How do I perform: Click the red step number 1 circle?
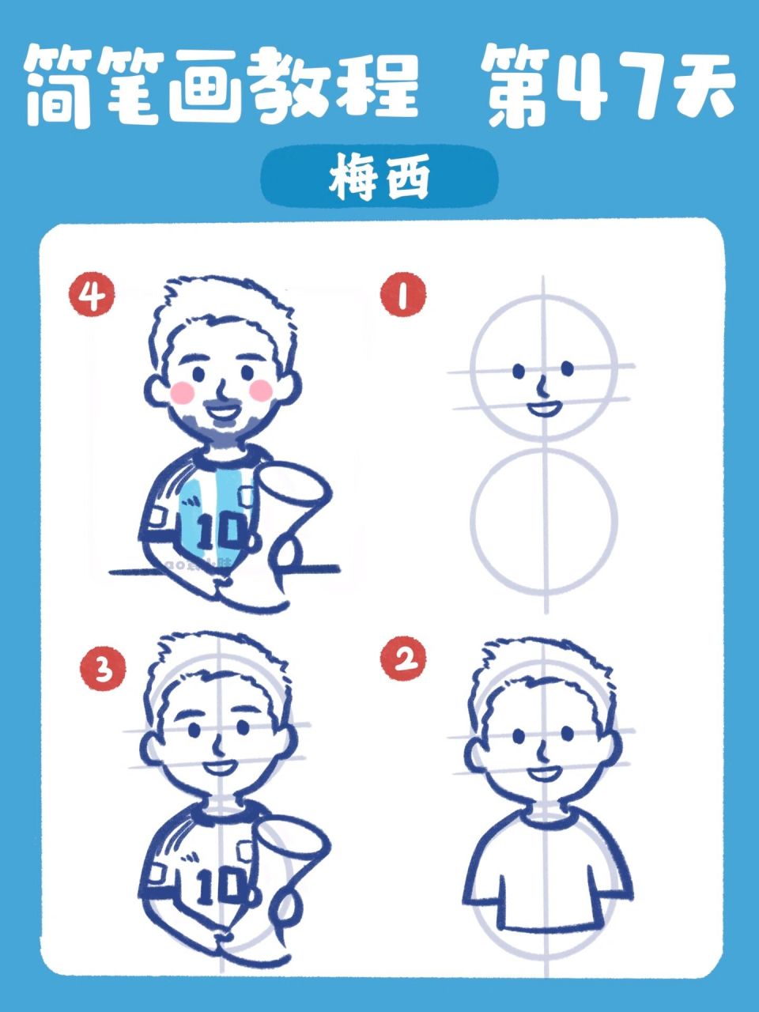403,297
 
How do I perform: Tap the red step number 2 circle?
403,659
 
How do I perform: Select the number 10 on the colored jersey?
218,532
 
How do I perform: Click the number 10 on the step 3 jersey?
217,889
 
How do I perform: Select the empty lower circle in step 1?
544,522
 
